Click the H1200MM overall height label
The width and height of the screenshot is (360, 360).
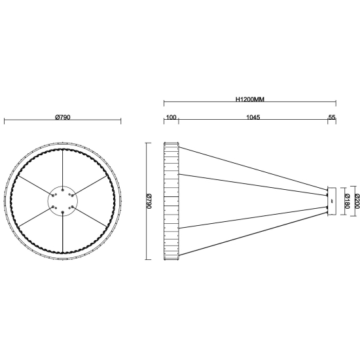point(250,99)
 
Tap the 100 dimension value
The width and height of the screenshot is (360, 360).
point(171,117)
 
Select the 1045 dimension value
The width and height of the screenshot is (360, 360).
point(253,117)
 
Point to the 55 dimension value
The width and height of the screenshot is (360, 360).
point(332,117)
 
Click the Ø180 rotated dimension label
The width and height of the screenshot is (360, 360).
point(347,202)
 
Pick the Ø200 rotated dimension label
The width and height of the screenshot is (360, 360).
point(357,202)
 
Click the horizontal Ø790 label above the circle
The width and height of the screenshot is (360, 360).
point(63,117)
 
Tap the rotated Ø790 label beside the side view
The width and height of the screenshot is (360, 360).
point(149,202)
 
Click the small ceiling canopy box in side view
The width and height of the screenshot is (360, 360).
point(332,202)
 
